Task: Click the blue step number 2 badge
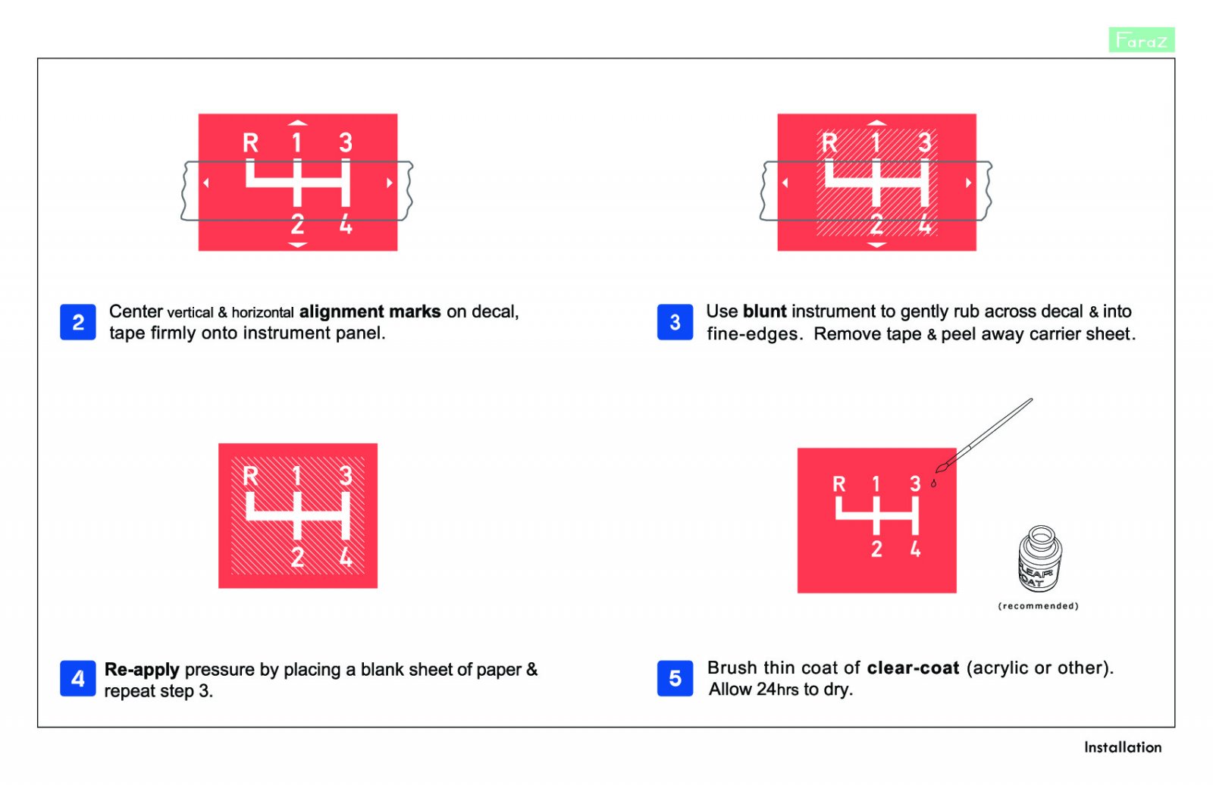[x=78, y=322]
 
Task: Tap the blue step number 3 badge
[x=675, y=322]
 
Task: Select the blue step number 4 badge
[x=78, y=678]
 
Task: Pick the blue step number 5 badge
[x=675, y=678]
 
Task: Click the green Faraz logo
[x=1142, y=40]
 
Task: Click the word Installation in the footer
[x=1123, y=748]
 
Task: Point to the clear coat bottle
[x=1039, y=558]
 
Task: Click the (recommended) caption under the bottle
[x=1038, y=606]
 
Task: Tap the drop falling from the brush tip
[x=933, y=483]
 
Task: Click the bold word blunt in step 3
[x=765, y=311]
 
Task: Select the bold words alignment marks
[x=370, y=312]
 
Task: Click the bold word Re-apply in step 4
[x=142, y=670]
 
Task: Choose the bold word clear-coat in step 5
[x=913, y=668]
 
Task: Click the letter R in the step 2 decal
[x=250, y=143]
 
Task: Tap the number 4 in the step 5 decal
[x=915, y=549]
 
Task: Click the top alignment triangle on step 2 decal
[x=298, y=123]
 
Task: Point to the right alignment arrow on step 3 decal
[x=968, y=183]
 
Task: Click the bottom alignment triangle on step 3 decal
[x=876, y=246]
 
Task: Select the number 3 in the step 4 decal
[x=346, y=476]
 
